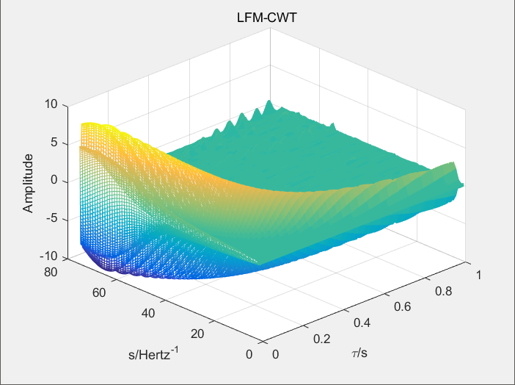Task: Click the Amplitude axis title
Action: coord(28,183)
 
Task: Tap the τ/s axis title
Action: coord(359,354)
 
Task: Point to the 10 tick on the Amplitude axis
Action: coord(51,104)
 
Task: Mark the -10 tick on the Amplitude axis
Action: coord(48,257)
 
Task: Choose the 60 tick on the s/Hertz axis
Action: coord(100,292)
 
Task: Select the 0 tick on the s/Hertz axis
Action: coord(249,355)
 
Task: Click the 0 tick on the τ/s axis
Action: coord(275,355)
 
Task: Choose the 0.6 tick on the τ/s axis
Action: coord(403,306)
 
